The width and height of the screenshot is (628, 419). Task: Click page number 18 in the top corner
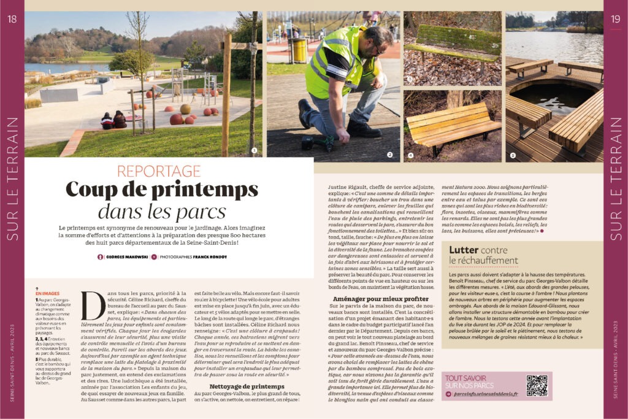12,18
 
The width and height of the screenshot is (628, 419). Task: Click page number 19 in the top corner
615,18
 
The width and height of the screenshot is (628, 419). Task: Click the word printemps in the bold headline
198,190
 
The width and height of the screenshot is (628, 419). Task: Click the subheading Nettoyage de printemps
247,386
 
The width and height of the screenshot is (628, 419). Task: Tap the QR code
537,385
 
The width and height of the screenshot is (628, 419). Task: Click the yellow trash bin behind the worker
299,50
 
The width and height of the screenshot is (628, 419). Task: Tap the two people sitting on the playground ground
113,120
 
